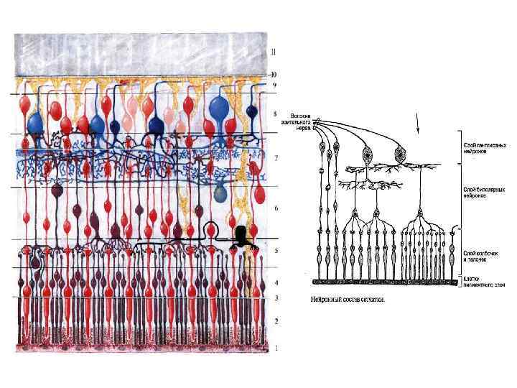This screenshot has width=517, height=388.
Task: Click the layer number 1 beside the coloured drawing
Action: [x=276, y=348]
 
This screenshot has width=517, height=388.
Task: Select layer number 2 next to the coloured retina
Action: [x=276, y=321]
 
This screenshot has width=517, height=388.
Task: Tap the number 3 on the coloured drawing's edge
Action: [x=276, y=297]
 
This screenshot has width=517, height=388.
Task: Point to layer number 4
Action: [x=276, y=283]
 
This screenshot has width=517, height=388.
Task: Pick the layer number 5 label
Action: [x=276, y=251]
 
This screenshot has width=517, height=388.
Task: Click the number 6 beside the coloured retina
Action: [x=276, y=208]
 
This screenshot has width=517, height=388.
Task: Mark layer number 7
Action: [x=276, y=157]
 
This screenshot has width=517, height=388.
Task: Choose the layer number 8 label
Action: [x=276, y=114]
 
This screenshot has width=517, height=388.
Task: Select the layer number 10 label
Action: [x=273, y=74]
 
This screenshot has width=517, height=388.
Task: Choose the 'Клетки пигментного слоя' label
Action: [x=483, y=282]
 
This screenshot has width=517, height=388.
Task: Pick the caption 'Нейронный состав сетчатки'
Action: [x=348, y=299]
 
